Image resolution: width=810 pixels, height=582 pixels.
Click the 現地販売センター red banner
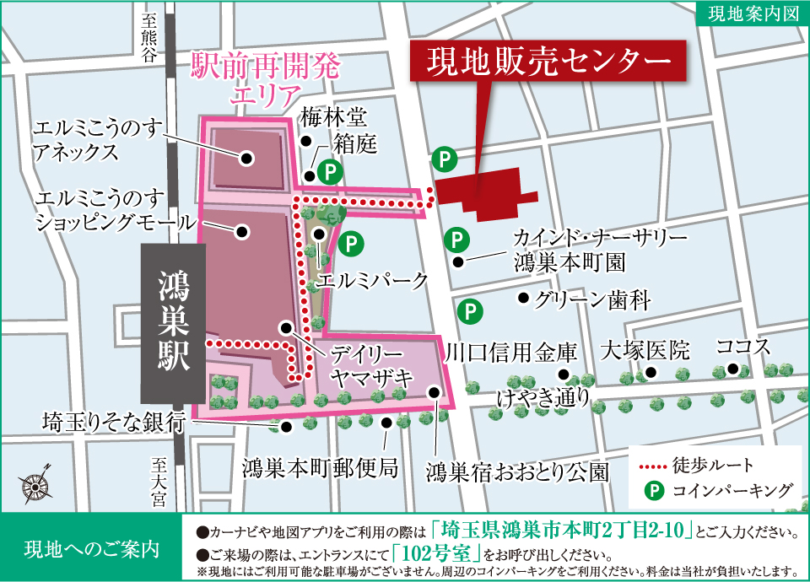(x=549, y=60)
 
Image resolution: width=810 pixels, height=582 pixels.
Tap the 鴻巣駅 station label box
(x=173, y=323)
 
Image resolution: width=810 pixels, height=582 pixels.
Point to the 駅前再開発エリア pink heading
(x=262, y=77)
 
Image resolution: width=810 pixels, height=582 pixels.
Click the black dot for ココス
(x=733, y=369)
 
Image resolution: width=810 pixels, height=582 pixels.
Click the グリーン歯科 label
(x=581, y=298)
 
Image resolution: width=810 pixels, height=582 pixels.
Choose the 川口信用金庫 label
(x=511, y=351)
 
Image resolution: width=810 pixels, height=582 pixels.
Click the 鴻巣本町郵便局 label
(x=320, y=466)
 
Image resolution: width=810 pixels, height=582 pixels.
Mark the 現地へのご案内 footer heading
(x=92, y=547)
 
